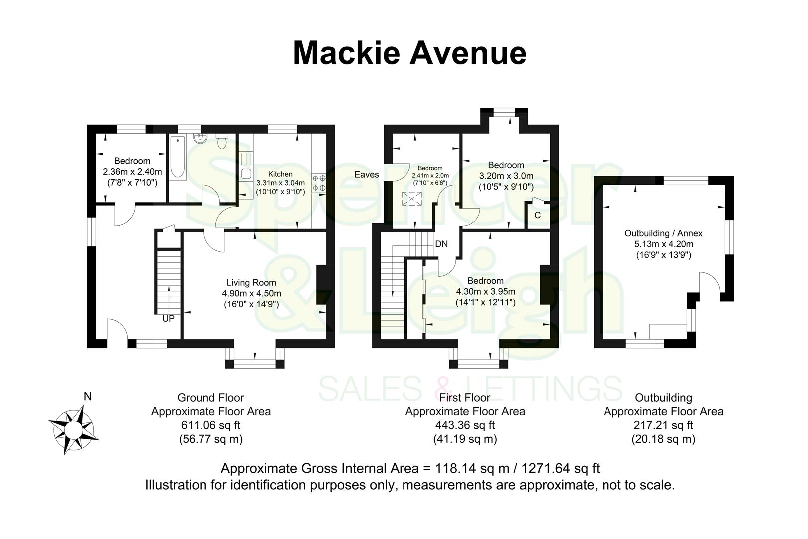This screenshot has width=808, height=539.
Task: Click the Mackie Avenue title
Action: (x=409, y=53)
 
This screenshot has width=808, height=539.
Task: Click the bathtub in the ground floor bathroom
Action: (x=177, y=159)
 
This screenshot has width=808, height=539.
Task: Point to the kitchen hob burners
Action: (x=319, y=183)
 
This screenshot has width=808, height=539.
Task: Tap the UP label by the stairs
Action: (x=169, y=318)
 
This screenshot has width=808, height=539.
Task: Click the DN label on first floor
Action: (x=441, y=244)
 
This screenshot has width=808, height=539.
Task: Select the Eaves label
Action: (x=367, y=175)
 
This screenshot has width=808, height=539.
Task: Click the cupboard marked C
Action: (x=538, y=216)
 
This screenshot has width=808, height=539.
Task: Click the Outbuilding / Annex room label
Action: (x=663, y=233)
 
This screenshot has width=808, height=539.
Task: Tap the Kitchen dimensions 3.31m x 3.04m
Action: (x=281, y=183)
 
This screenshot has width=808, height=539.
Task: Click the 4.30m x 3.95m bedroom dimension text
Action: (x=485, y=292)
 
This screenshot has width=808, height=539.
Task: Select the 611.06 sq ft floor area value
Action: (x=210, y=425)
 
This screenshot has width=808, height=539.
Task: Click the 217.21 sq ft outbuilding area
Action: (x=663, y=425)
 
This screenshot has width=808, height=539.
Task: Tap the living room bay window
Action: (x=254, y=363)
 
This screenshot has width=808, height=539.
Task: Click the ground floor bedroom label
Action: (x=132, y=161)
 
